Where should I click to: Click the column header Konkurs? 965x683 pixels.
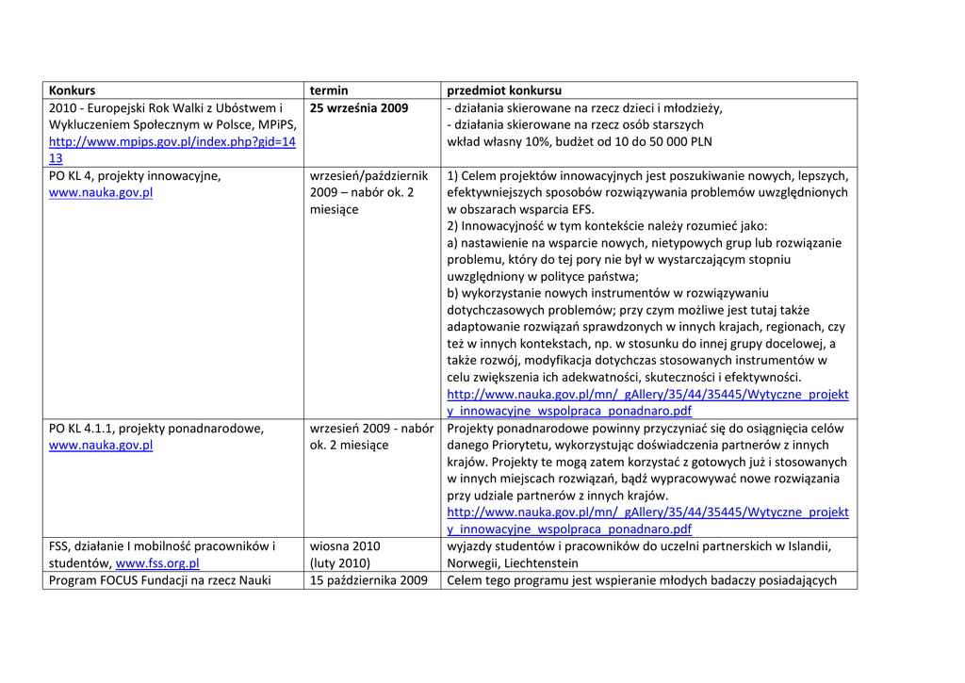point(73,90)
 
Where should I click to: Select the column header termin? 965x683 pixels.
point(329,90)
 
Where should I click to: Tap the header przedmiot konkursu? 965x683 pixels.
point(504,90)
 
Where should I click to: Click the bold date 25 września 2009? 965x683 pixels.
point(359,108)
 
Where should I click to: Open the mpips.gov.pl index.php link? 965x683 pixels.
point(172,142)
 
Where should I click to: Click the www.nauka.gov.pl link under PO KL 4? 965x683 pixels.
point(101,193)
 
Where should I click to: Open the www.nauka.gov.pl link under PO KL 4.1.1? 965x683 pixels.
point(101,446)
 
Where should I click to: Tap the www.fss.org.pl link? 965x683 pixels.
point(157,564)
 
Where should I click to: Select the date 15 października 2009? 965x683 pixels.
point(368,580)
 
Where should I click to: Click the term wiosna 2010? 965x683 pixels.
point(345,546)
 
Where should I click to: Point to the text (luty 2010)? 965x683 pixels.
point(340,564)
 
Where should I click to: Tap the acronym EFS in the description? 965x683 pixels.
point(580,209)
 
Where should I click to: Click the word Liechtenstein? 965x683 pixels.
point(541,564)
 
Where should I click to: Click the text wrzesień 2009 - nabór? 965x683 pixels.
point(371,429)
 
